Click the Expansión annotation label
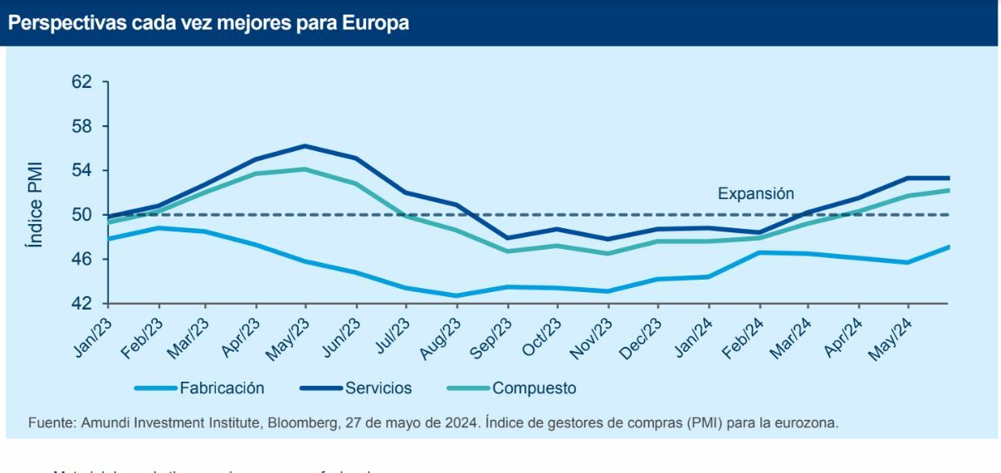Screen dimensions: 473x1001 [x=755, y=194]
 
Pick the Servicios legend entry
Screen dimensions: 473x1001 [x=378, y=388]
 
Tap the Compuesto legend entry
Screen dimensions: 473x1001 [x=534, y=388]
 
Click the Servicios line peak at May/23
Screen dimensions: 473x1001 [x=305, y=146]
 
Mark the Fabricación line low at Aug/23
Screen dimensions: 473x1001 [x=457, y=295]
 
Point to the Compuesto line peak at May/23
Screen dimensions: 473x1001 [x=305, y=169]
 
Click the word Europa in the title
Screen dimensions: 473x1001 [x=375, y=23]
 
